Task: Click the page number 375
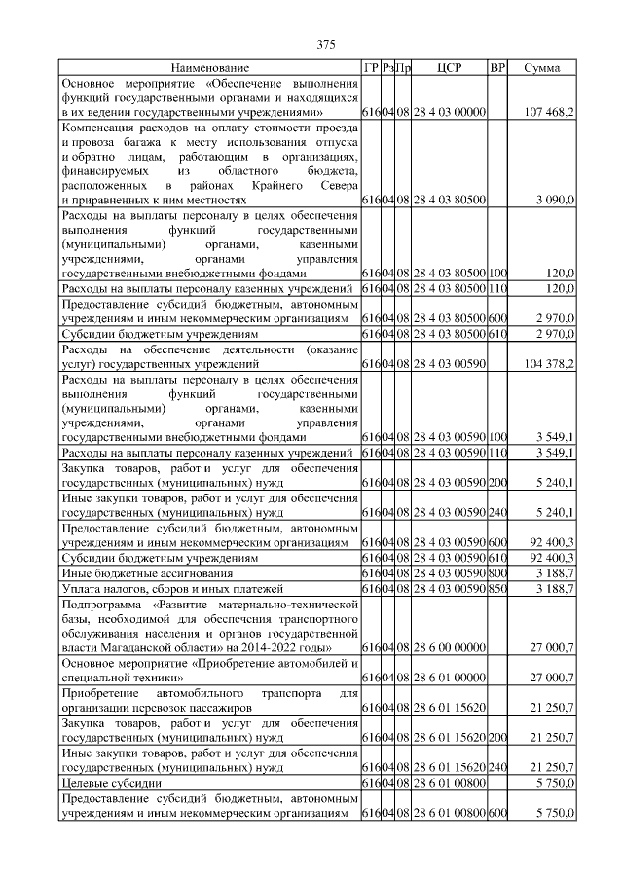click(325, 44)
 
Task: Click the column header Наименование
click(209, 68)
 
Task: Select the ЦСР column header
click(449, 68)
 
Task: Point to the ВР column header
click(497, 68)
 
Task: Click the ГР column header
click(370, 68)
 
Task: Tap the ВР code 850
click(497, 589)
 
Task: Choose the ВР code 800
click(497, 574)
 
